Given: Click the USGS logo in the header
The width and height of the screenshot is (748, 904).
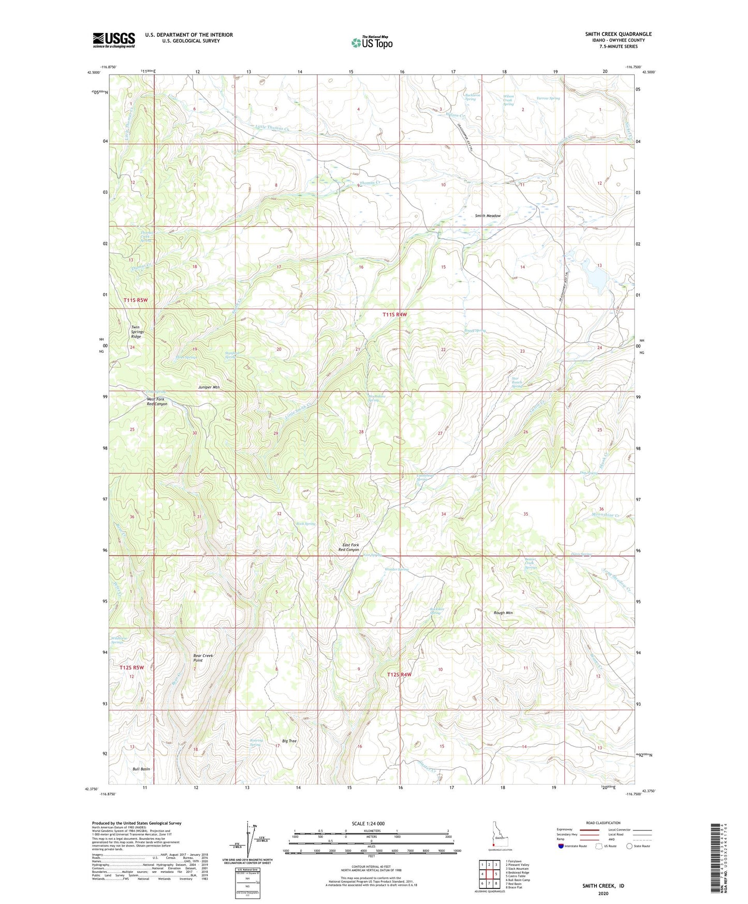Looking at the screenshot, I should [x=113, y=40].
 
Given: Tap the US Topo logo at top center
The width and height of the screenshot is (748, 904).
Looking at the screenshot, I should [x=372, y=42].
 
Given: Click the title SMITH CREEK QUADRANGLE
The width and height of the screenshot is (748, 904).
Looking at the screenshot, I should [x=618, y=34].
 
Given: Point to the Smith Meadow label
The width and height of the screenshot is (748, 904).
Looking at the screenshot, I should [x=488, y=215].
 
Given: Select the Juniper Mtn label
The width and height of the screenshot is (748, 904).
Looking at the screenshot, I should [x=209, y=387].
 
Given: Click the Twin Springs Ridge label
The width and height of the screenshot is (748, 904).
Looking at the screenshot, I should [x=136, y=332].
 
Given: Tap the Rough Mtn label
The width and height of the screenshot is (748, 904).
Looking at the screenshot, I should [x=503, y=613].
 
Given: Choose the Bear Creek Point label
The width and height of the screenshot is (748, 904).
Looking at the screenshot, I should [x=203, y=658].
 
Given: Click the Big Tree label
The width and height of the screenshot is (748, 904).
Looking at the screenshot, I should [x=289, y=741].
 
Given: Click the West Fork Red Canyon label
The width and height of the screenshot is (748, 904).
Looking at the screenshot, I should [x=157, y=401].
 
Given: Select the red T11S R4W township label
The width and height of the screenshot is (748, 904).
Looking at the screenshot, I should [x=395, y=314].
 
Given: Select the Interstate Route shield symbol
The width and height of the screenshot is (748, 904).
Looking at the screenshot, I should [x=562, y=846].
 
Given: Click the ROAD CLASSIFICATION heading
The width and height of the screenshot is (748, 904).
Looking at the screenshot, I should [x=603, y=823].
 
